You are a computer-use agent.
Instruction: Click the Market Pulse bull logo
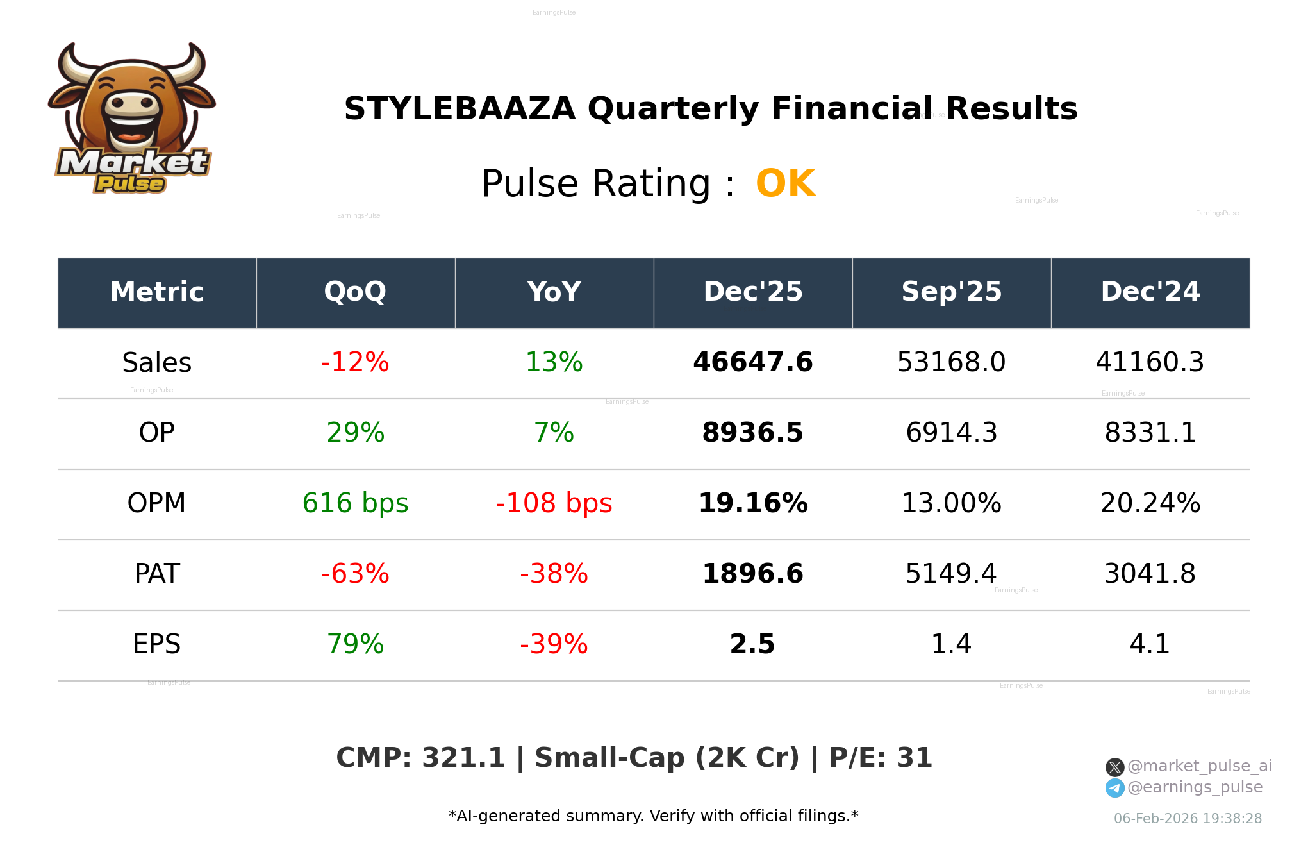pos(131,119)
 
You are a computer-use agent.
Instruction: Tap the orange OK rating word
pos(786,184)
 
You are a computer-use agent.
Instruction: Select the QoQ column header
pos(355,292)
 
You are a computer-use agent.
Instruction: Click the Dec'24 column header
pos(1150,292)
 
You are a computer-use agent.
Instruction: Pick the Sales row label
pos(156,363)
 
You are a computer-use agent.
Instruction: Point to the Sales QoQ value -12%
pos(355,363)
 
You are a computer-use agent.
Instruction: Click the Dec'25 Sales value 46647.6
pos(752,363)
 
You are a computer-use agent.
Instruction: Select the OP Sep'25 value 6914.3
pos(951,433)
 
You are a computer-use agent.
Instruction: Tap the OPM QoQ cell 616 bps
pos(355,504)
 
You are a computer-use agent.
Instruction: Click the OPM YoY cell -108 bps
pos(554,504)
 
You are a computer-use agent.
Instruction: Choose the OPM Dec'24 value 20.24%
pos(1150,504)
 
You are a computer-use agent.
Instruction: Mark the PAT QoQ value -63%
pos(355,574)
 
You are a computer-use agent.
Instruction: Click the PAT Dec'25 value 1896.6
pos(752,574)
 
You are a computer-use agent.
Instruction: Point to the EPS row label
pos(156,645)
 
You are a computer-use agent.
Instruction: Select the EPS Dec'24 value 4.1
pos(1150,645)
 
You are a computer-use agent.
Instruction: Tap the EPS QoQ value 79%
pos(355,645)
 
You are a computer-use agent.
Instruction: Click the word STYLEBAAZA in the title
pos(460,109)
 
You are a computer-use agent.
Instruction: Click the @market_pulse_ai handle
pos(1199,766)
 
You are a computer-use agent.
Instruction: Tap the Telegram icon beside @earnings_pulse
pos(1114,788)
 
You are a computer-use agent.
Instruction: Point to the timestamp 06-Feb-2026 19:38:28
pos(1188,819)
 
